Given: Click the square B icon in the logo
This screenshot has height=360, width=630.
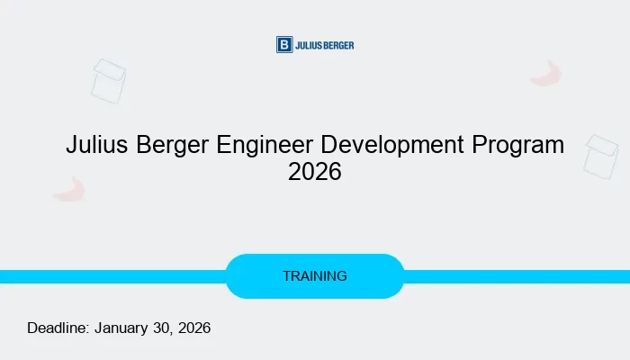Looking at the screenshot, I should (x=284, y=45).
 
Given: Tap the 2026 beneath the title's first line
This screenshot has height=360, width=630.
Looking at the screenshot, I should (x=315, y=172).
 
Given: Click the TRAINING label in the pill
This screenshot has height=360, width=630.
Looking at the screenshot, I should (x=314, y=276).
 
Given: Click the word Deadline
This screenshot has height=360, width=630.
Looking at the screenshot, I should (x=58, y=328).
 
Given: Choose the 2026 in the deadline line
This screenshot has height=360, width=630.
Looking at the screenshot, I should (x=194, y=328).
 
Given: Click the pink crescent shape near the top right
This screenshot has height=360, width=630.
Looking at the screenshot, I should (x=546, y=74).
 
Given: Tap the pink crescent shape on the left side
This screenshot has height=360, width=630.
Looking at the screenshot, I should (x=69, y=189).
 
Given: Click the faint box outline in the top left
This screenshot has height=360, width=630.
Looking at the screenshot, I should (x=108, y=81).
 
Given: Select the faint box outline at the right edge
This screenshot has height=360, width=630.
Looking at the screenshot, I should (x=600, y=156).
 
